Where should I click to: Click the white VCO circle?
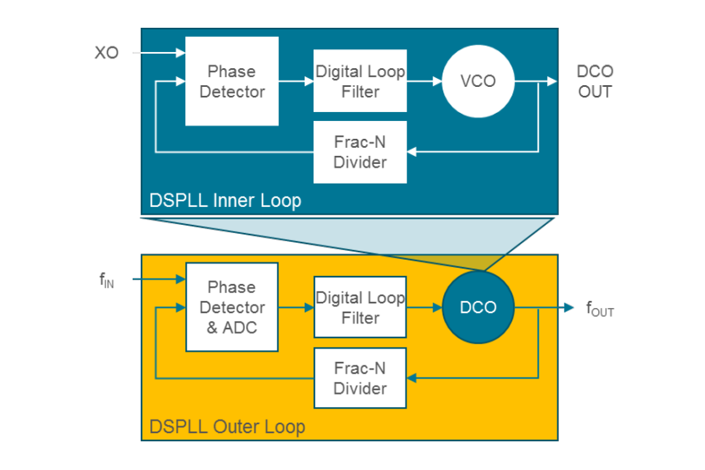point(477,81)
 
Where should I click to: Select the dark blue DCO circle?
point(478,307)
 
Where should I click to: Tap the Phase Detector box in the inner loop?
point(231,81)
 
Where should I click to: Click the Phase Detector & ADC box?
point(231,307)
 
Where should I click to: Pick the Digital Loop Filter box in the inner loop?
point(360,81)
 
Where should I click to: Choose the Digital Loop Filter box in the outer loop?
point(360,307)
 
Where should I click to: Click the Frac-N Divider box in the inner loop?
point(360,151)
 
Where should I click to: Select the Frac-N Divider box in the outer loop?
point(360,378)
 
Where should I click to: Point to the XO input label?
point(107,53)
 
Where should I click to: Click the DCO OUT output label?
point(594,81)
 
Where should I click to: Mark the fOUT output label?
point(599,309)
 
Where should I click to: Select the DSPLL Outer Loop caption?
point(228,426)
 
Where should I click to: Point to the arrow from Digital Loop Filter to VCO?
point(425,81)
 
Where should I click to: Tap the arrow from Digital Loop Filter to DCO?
point(425,307)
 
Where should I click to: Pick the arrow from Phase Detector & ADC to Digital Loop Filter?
point(296,307)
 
